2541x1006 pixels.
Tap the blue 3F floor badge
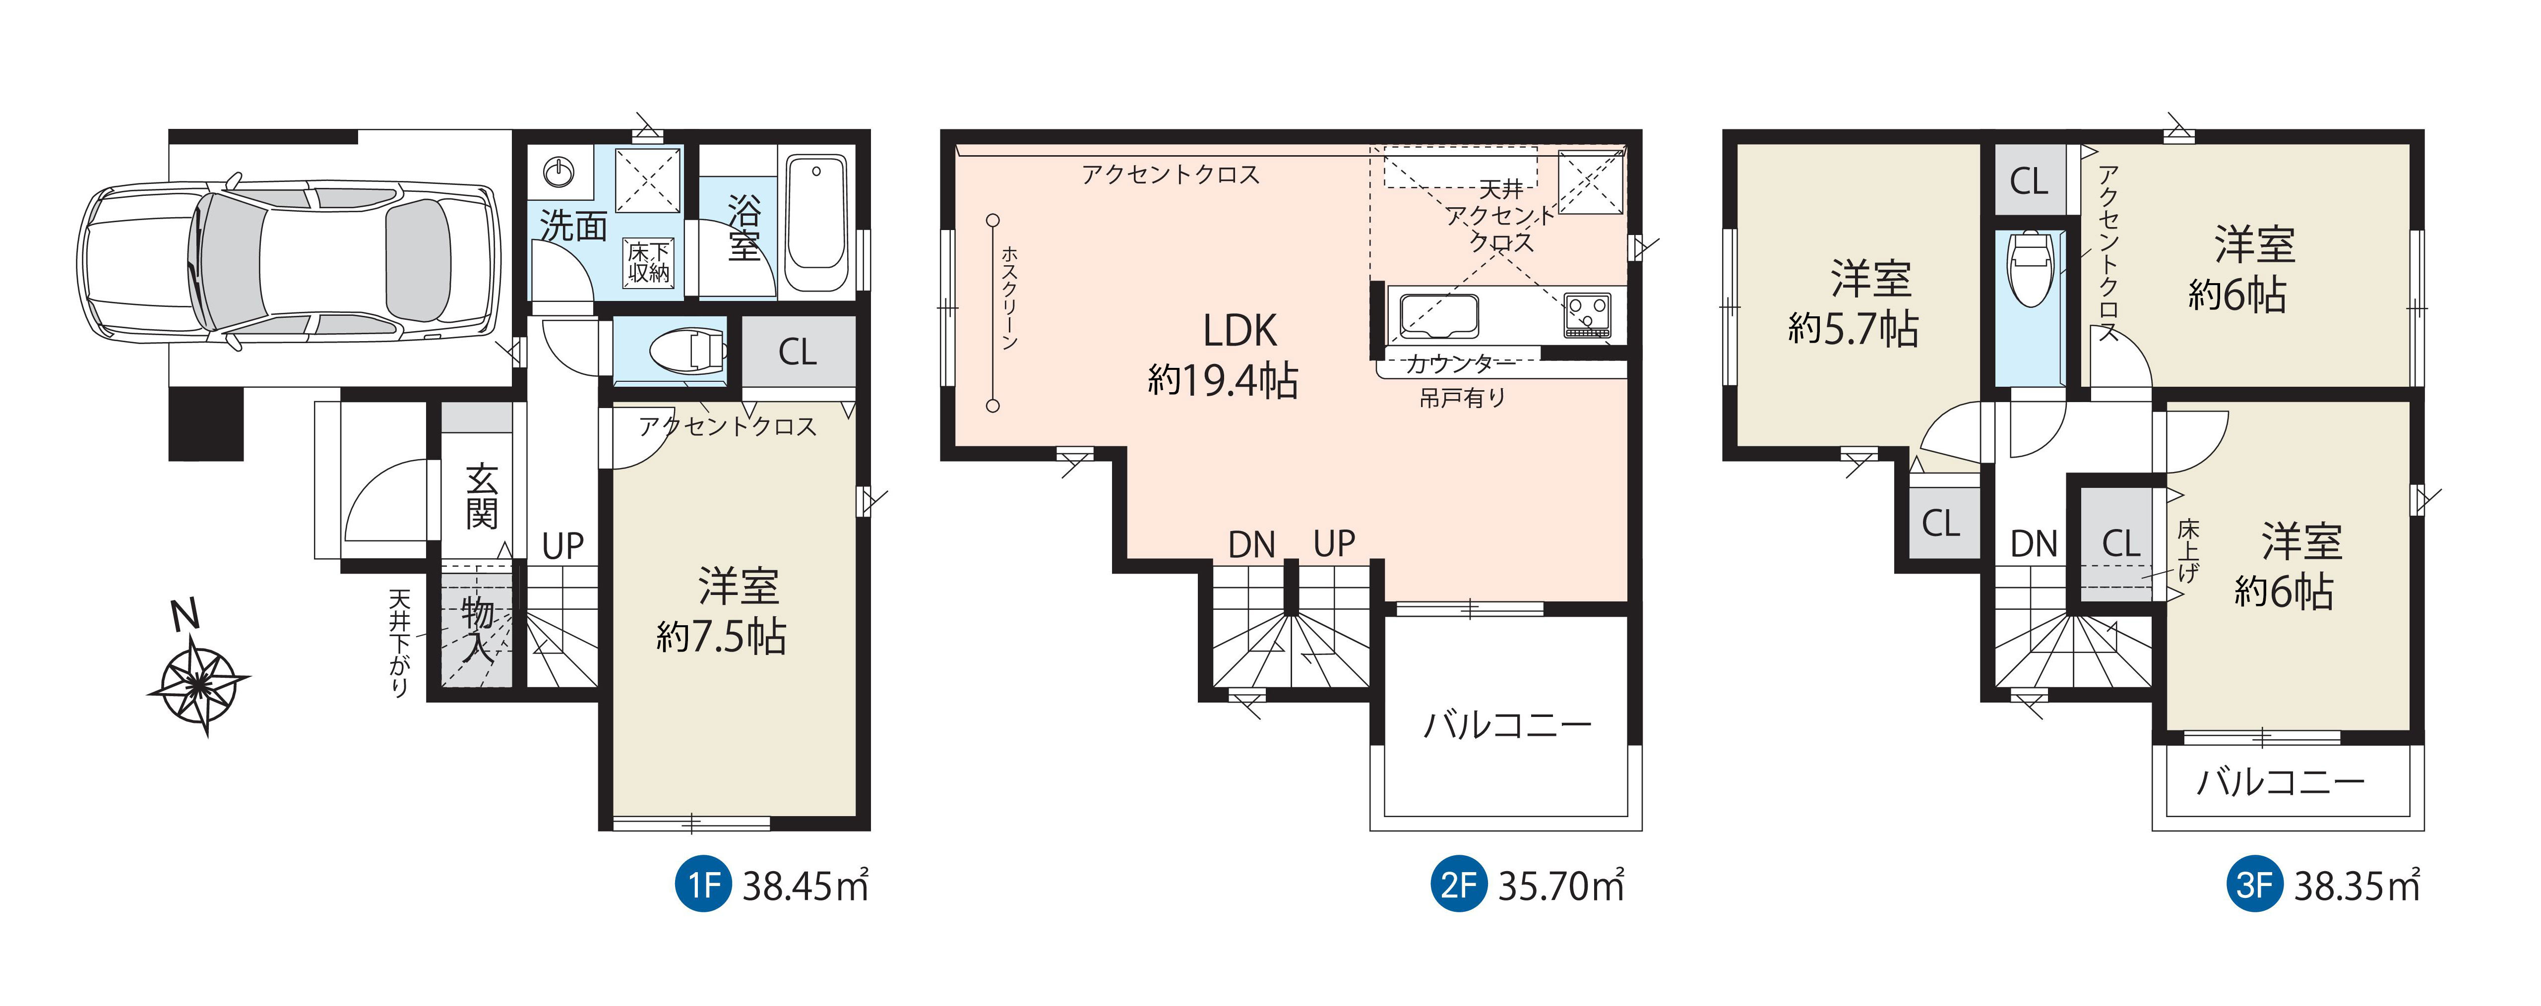[x=2254, y=885]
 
